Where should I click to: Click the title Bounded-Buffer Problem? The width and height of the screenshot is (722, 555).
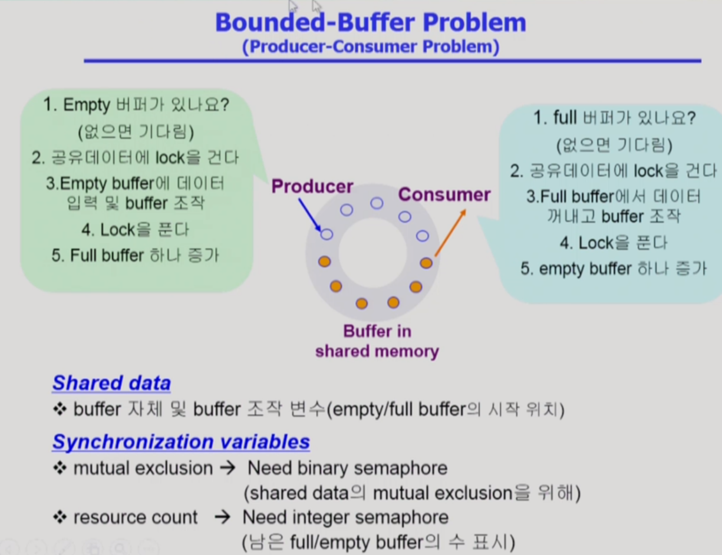(x=371, y=22)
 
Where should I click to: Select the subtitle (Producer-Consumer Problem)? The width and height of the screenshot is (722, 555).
(x=371, y=47)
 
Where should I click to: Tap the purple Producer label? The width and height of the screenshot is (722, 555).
(x=312, y=186)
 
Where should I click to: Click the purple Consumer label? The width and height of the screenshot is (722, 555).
(x=444, y=194)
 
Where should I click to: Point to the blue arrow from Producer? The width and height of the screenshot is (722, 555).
(x=309, y=215)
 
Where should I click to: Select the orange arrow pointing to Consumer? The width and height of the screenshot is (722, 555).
(x=450, y=233)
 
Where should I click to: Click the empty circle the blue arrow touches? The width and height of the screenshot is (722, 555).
(x=327, y=234)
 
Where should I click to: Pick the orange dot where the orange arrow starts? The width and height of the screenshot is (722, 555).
(x=426, y=263)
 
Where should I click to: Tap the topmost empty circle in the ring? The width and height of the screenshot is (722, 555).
(x=377, y=203)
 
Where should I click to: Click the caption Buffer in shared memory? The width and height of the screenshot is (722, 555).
(x=377, y=341)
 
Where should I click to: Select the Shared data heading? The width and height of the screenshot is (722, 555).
(x=111, y=383)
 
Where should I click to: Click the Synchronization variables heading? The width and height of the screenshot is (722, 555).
(x=181, y=442)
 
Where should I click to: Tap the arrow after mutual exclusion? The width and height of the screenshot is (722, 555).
(x=228, y=468)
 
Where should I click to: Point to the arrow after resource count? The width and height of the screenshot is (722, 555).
(x=223, y=517)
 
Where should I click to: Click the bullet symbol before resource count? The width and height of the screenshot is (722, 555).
(x=60, y=517)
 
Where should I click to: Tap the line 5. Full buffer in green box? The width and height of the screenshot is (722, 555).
(x=135, y=256)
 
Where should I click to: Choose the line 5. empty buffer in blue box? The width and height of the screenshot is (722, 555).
(x=614, y=269)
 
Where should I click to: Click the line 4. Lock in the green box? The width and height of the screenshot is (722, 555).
(x=135, y=230)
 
